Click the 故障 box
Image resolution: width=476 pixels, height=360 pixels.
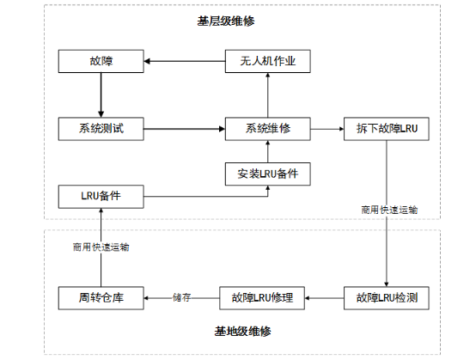click(100, 62)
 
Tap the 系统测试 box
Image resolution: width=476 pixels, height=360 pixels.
click(100, 129)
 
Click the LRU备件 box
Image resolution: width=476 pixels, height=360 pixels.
click(100, 197)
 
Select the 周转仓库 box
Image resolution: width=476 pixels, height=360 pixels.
click(100, 298)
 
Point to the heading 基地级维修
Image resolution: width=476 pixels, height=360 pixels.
click(237, 330)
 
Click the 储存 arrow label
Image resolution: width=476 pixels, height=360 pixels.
click(181, 298)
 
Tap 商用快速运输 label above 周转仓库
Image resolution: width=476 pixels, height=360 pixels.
click(101, 247)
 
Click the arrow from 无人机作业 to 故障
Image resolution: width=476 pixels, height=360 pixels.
click(184, 62)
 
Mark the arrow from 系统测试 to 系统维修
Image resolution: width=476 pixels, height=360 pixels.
click(184, 129)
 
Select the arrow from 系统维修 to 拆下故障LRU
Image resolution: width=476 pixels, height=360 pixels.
click(326, 129)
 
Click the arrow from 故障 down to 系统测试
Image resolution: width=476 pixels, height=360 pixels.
click(100, 95)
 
